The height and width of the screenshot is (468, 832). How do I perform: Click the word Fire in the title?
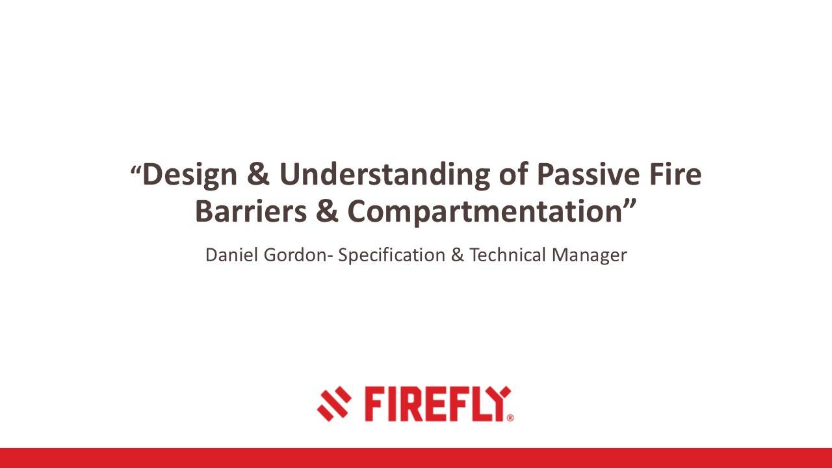coord(676,175)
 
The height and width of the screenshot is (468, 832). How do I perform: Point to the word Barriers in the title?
coord(244,211)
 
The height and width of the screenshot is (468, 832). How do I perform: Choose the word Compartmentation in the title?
coord(484,211)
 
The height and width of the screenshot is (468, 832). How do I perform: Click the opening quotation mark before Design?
coord(135,172)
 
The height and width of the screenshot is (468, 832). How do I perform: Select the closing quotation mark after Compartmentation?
coord(630,204)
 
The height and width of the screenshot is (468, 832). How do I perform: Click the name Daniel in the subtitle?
coord(231,255)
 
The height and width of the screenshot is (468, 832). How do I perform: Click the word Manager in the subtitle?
coord(590,255)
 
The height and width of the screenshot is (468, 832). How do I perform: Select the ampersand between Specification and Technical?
coord(458,255)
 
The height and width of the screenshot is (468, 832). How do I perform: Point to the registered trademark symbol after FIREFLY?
coord(510,418)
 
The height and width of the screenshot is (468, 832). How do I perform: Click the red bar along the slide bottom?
coord(416,458)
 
